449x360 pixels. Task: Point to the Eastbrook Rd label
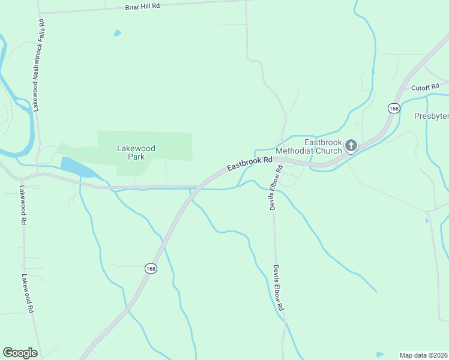(x=250, y=164)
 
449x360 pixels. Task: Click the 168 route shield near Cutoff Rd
(x=394, y=108)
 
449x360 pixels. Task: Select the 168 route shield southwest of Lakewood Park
(x=151, y=269)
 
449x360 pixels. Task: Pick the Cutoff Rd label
(x=426, y=88)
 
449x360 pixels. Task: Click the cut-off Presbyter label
(x=431, y=116)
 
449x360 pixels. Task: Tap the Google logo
(x=20, y=352)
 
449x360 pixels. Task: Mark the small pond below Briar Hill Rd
(x=117, y=33)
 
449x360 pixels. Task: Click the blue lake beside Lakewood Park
(x=76, y=167)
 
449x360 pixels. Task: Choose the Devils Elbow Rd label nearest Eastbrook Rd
(x=276, y=188)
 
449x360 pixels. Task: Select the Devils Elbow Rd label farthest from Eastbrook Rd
(x=279, y=287)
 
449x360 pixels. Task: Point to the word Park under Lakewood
(x=136, y=157)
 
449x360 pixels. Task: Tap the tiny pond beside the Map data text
(x=380, y=354)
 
